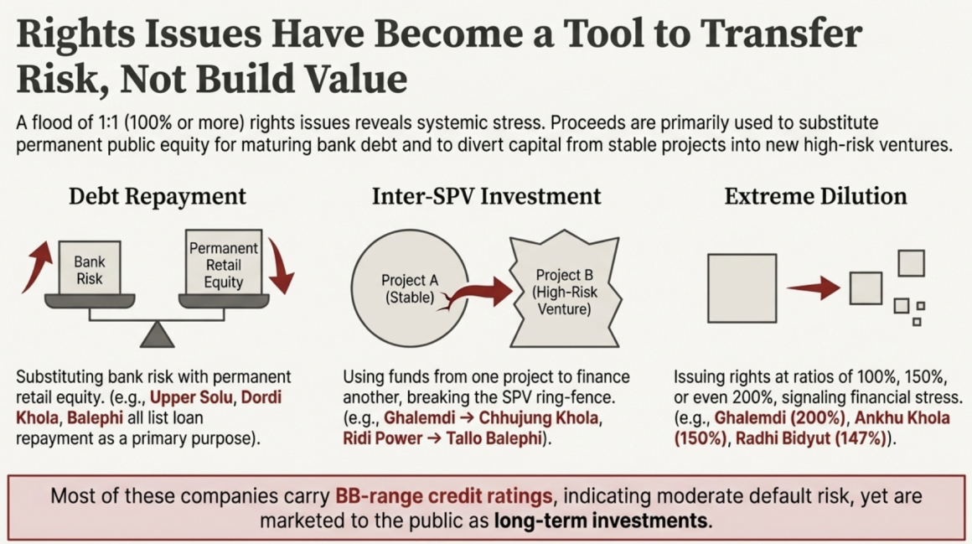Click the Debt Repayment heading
click(x=157, y=197)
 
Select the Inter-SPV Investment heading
click(x=486, y=197)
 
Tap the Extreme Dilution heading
click(x=815, y=197)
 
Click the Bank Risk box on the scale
click(x=90, y=268)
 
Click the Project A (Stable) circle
click(x=410, y=288)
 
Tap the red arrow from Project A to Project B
click(x=478, y=293)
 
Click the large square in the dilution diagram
click(x=742, y=288)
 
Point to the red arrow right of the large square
click(x=814, y=288)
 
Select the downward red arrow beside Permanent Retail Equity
click(x=280, y=266)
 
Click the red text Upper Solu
click(x=192, y=397)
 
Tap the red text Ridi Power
click(x=382, y=438)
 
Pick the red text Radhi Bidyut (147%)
click(x=811, y=438)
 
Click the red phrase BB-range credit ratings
click(x=444, y=496)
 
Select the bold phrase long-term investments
click(x=601, y=521)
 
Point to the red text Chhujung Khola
click(x=539, y=418)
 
